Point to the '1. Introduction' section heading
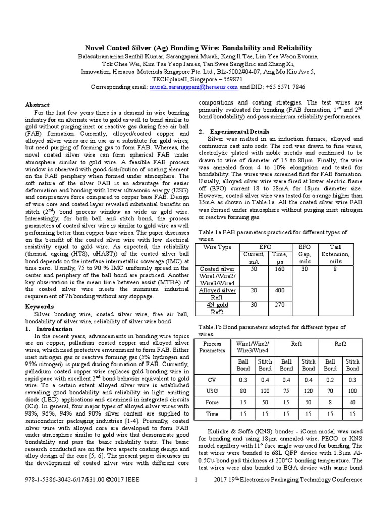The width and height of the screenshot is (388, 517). click(x=45, y=328)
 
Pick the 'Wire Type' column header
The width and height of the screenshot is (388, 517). click(x=217, y=247)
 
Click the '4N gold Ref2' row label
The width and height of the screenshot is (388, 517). click(x=217, y=308)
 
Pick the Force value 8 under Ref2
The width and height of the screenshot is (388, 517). click(x=330, y=402)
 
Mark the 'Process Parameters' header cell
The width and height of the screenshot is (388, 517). click(x=212, y=347)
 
